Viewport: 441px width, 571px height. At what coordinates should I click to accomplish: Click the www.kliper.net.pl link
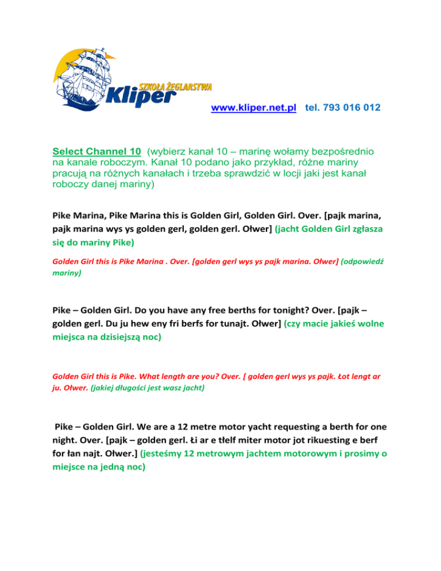[x=253, y=108]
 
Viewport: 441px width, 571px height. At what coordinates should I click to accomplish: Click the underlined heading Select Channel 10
[x=96, y=152]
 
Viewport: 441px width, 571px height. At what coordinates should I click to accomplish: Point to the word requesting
[x=301, y=427]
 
